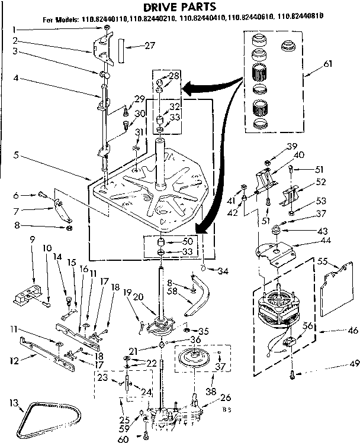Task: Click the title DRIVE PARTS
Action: tap(179, 7)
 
